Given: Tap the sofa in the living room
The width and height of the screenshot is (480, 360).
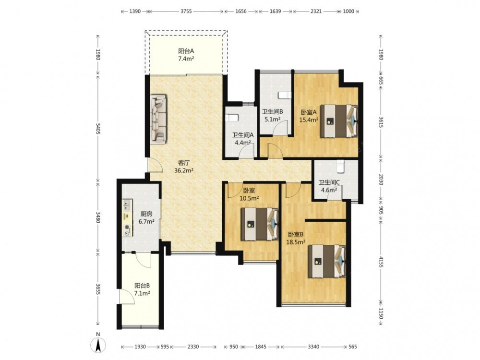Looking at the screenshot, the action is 158,119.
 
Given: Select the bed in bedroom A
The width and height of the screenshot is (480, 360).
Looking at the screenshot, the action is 339,121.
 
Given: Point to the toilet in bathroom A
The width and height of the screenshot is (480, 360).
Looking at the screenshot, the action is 231,118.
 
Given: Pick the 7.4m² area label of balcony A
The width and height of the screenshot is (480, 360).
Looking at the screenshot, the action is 186,58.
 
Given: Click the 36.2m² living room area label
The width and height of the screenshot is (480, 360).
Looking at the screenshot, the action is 184,170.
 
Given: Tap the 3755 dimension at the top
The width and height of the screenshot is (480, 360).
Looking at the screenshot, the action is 186,12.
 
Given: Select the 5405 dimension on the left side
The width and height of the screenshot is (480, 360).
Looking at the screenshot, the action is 98,129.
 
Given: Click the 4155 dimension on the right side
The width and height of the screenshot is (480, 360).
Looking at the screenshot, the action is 381,262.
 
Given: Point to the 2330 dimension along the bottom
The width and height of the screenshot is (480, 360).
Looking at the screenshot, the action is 193,347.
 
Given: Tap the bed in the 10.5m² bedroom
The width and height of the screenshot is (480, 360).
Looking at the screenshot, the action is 260,224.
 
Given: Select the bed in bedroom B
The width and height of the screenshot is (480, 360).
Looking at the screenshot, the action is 327,261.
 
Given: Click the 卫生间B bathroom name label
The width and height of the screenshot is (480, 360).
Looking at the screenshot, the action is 272,112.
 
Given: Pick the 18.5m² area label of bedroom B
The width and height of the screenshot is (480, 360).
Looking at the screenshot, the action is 296,242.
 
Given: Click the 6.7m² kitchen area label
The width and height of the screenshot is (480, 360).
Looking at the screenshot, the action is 146,221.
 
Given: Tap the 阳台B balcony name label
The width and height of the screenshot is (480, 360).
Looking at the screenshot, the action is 142,286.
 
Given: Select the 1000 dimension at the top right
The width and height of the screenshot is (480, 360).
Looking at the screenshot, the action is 348,12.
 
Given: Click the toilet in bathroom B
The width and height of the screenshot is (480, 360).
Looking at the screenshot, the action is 284,96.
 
